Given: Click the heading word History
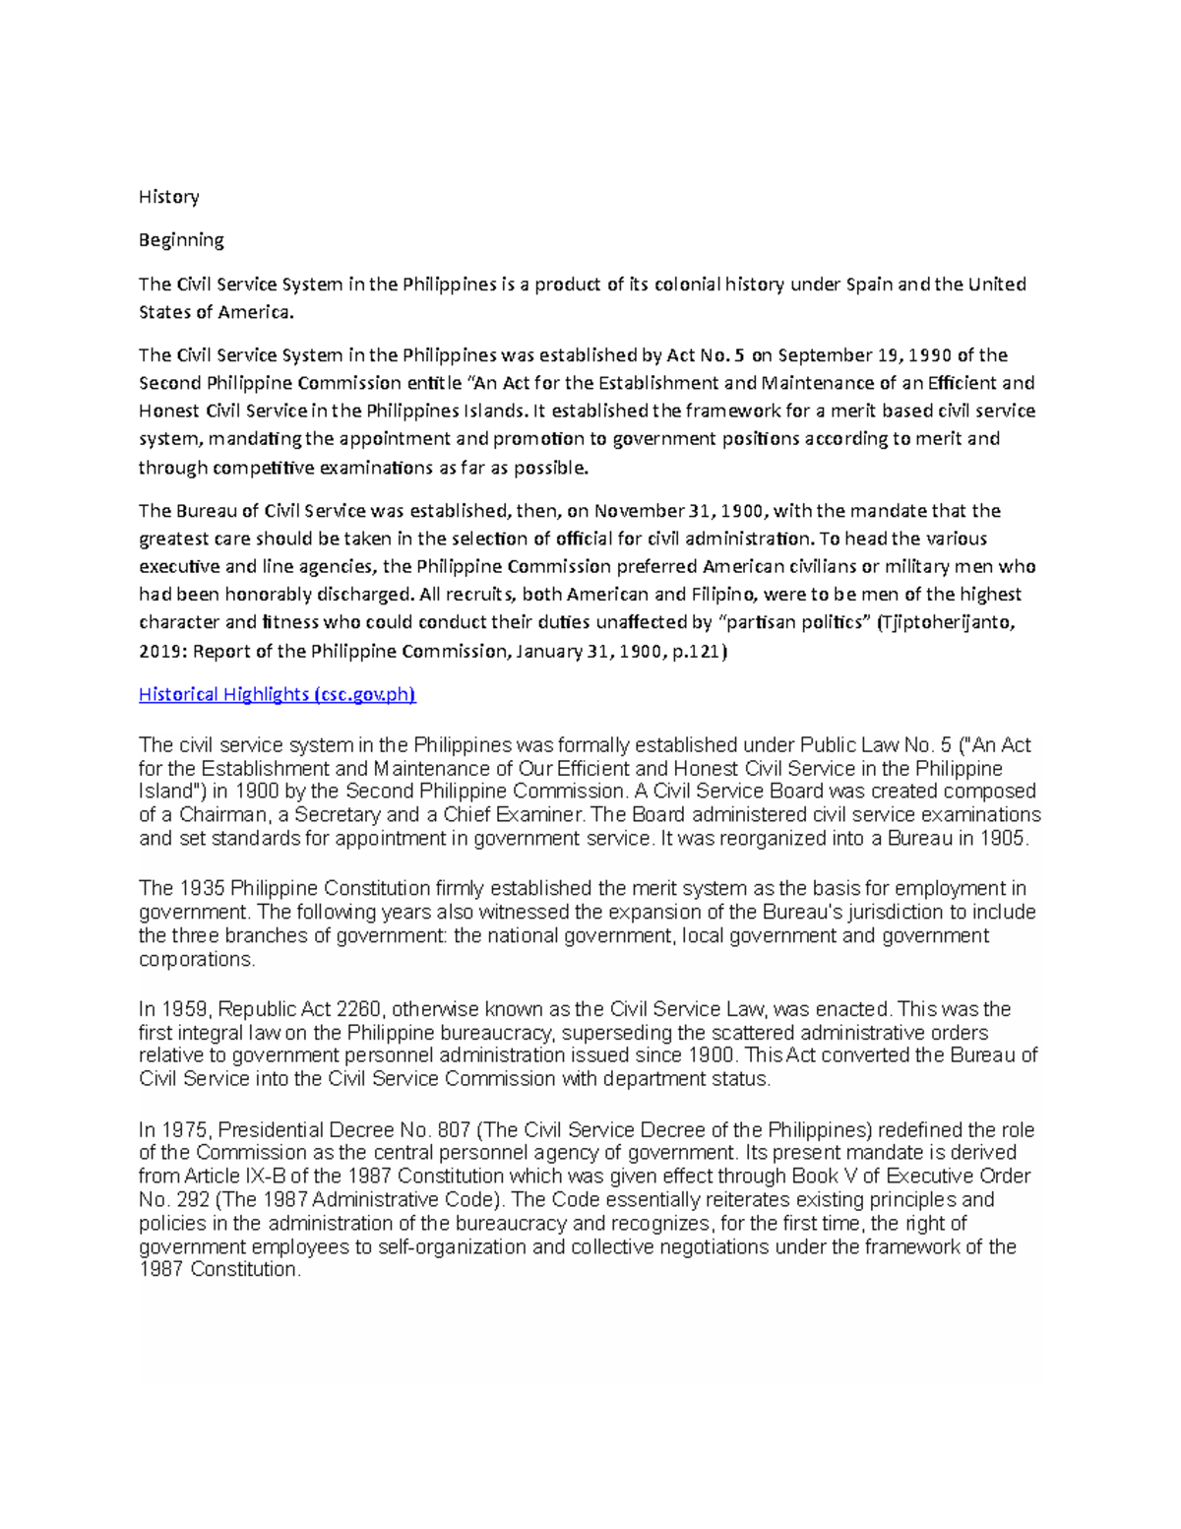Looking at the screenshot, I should [x=168, y=197].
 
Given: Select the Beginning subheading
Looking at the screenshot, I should [x=181, y=240].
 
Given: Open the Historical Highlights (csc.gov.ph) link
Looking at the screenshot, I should [x=277, y=695].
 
